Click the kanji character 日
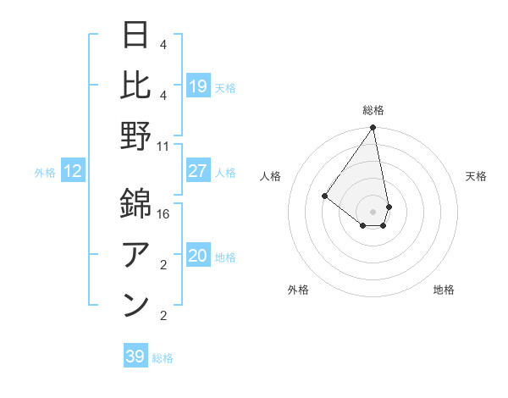[x=136, y=36]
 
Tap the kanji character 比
[x=136, y=86]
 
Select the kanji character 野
[x=136, y=136]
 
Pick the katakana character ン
[x=136, y=306]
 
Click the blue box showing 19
[x=198, y=86]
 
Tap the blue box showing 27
[x=198, y=171]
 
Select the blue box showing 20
[x=198, y=256]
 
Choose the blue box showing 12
[x=73, y=171]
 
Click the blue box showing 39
[x=135, y=357]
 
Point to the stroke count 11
[x=163, y=146]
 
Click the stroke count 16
[x=163, y=213]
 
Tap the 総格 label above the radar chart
[x=373, y=110]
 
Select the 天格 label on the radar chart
[x=477, y=176]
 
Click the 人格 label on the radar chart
[x=271, y=176]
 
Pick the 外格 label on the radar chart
[x=298, y=290]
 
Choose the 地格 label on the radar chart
[x=444, y=290]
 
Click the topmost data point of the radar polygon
[x=373, y=129]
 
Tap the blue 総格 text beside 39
[x=163, y=358]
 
